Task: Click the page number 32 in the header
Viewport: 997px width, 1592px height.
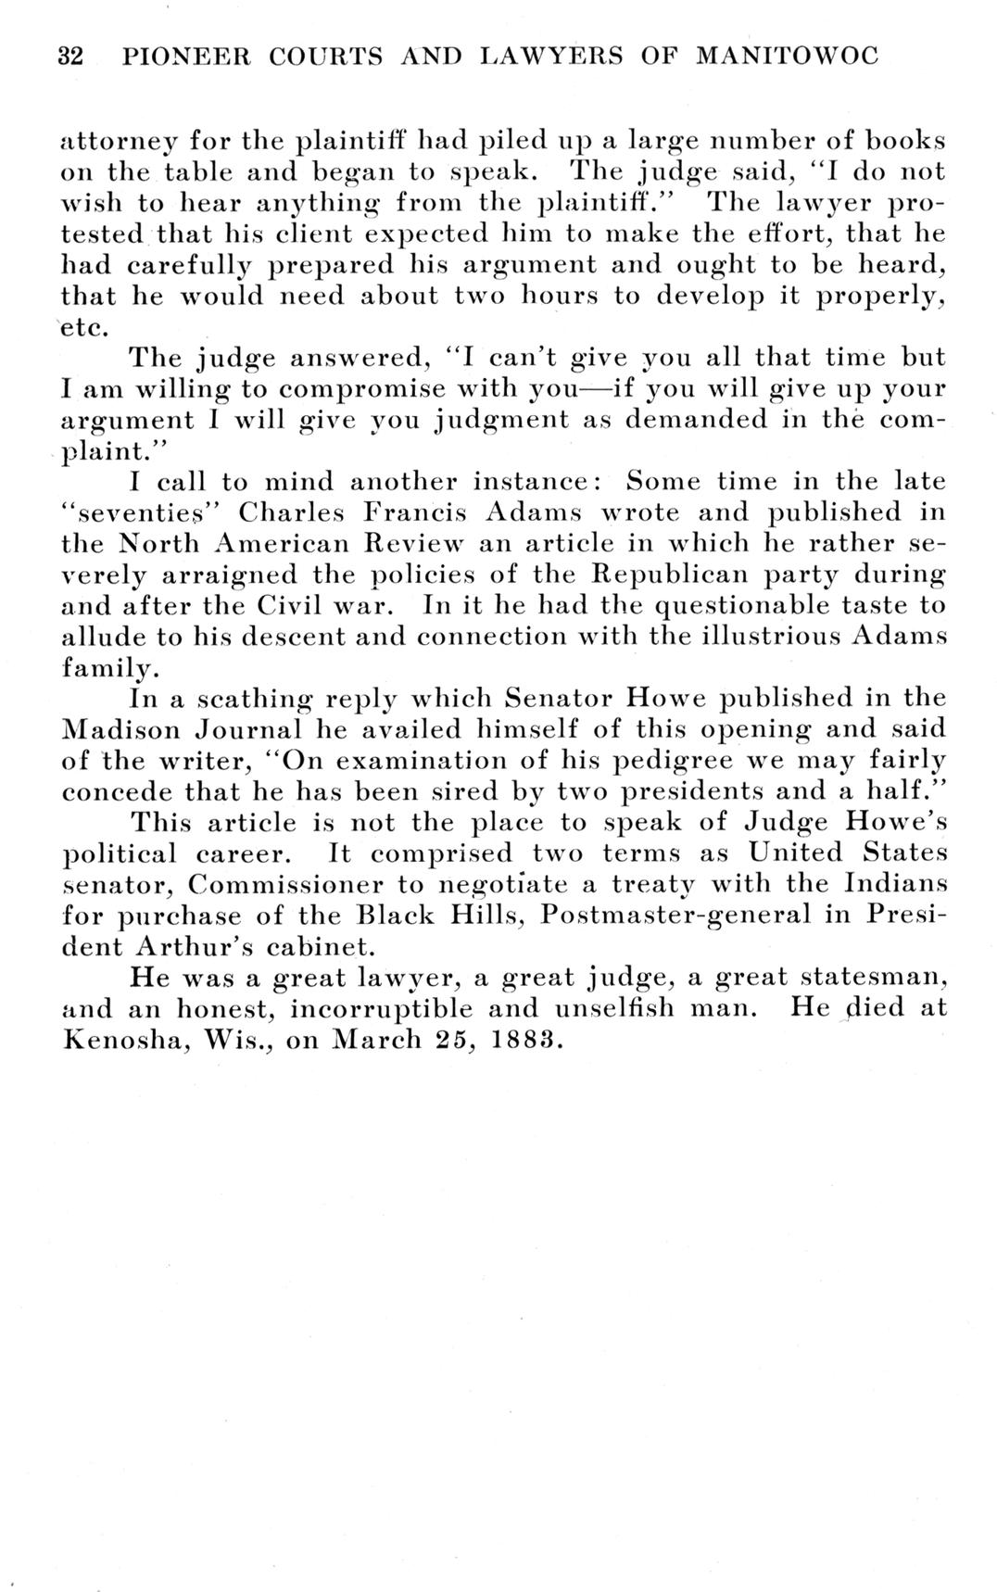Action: (x=70, y=57)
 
